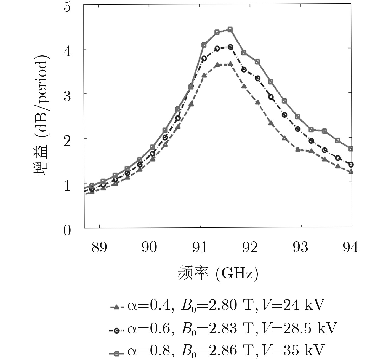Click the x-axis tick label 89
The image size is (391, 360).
[99, 247]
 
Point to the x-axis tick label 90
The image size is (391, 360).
[149, 247]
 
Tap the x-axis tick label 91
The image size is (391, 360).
[200, 247]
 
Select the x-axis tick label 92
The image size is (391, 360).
[250, 247]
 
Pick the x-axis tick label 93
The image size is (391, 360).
[300, 247]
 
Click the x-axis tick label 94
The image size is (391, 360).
[350, 247]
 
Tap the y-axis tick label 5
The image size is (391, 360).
[67, 7]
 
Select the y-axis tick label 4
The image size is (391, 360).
[67, 52]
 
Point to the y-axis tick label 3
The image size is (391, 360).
[67, 96]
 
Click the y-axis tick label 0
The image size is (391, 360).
[67, 230]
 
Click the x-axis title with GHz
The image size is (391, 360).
[218, 273]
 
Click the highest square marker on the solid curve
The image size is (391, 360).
[230, 29]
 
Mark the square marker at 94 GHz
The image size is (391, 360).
[351, 149]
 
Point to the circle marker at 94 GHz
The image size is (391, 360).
[351, 165]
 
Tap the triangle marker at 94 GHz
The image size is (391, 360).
[351, 172]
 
